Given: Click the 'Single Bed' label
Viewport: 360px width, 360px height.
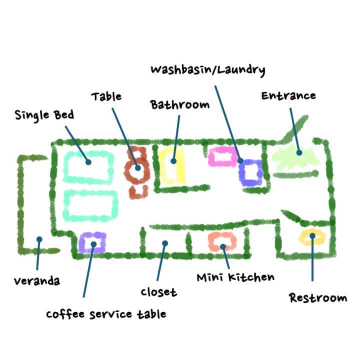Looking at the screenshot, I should click(44, 115).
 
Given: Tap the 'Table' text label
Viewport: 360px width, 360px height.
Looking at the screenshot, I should click(106, 96).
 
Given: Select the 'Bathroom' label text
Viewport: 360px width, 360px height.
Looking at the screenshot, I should click(179, 104).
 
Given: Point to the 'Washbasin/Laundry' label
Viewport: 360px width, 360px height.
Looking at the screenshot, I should click(207, 69).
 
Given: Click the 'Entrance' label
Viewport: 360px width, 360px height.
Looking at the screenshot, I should click(288, 95).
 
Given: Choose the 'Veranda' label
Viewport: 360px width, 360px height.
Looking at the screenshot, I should click(37, 280).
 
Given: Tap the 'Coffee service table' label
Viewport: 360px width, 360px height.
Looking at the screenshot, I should click(106, 314).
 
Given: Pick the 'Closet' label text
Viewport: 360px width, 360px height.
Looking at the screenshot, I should click(158, 291).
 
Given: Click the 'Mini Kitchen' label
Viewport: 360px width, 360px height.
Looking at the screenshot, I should click(235, 276).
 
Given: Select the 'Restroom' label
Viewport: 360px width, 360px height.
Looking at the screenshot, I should click(317, 298).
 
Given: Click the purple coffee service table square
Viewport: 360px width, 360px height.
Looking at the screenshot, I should click(92, 242).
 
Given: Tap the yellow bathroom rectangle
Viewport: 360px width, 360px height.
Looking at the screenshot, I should click(173, 164).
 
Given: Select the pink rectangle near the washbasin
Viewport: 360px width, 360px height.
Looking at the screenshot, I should click(220, 157).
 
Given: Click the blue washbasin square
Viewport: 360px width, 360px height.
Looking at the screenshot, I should click(250, 172).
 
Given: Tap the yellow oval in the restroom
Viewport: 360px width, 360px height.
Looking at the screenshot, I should click(311, 237).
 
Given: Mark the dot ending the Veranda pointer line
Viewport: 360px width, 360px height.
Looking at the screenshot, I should click(39, 239).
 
